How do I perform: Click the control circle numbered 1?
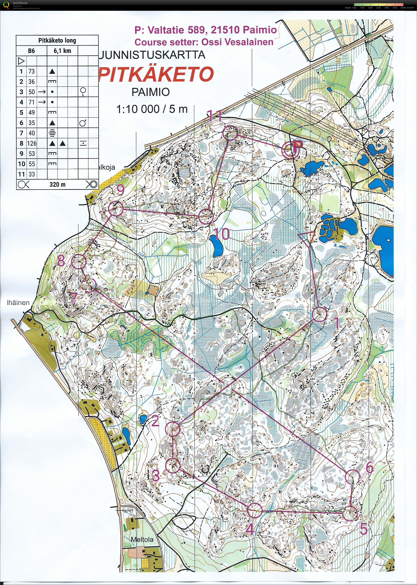point(319,314)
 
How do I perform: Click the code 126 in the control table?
point(32,143)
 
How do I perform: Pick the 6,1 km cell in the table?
point(62,51)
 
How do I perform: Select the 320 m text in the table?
point(58,184)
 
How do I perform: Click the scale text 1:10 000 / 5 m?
point(152,109)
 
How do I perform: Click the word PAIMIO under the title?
point(151,92)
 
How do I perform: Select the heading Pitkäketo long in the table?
point(57,40)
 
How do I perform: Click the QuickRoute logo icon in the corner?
point(6,5)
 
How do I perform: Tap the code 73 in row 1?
point(32,71)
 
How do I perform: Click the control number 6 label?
point(369,467)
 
